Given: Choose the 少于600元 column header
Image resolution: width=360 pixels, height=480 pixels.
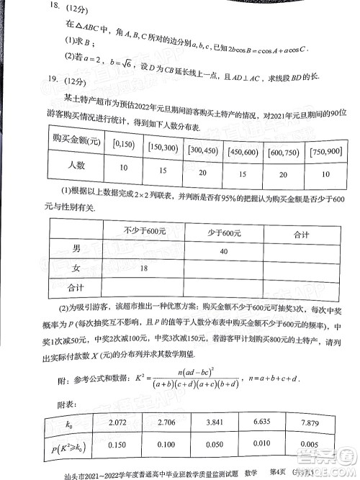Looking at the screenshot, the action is (x=228, y=234).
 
